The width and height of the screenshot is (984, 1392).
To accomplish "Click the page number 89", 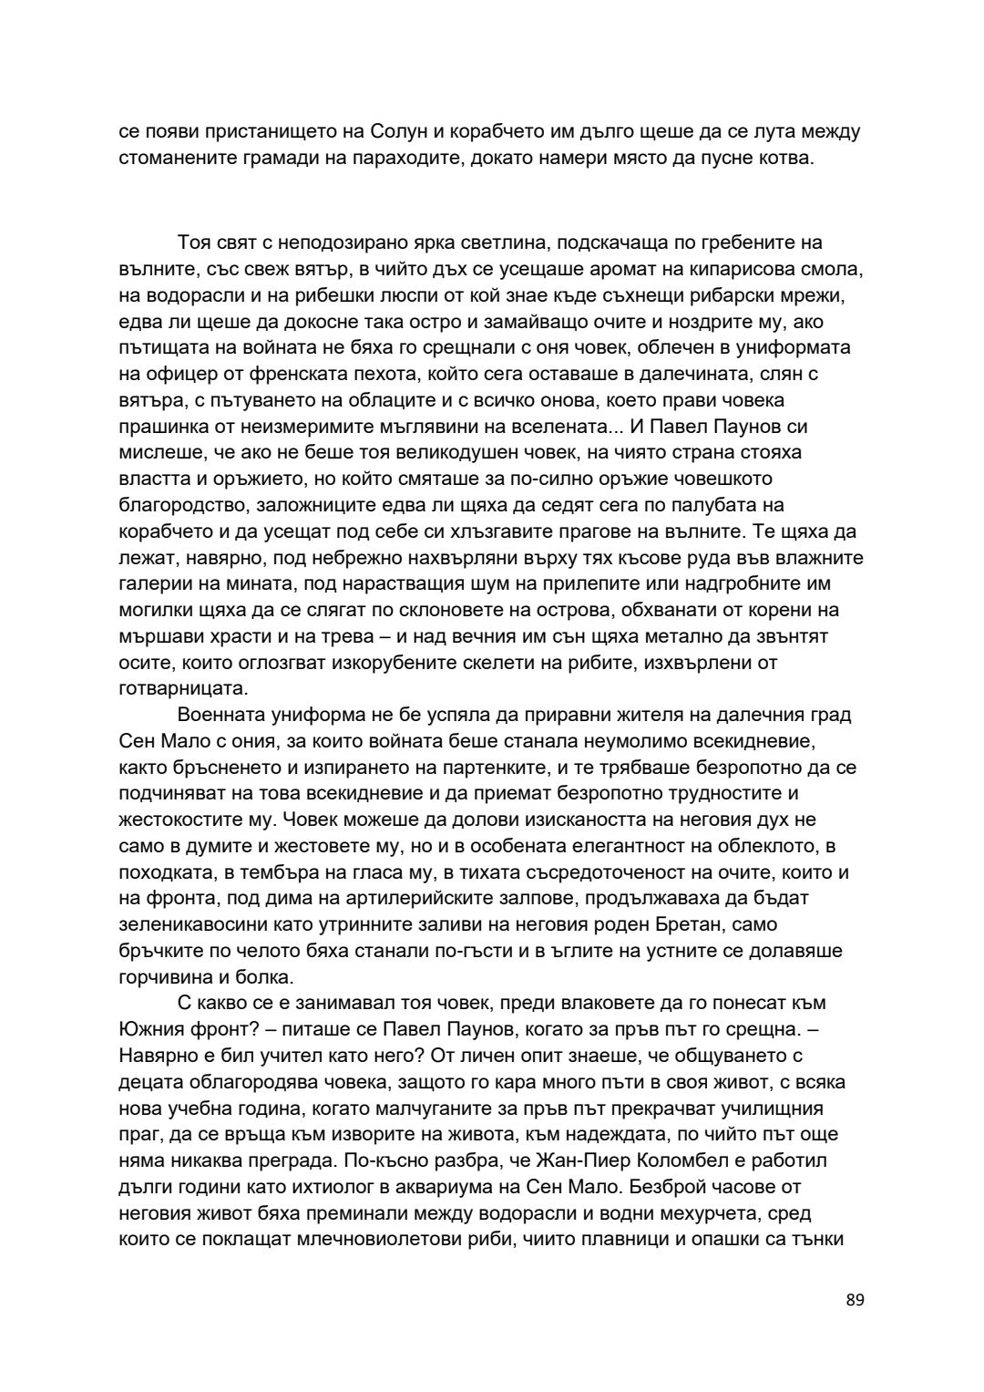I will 855,1299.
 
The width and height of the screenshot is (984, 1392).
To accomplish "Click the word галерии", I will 153,583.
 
